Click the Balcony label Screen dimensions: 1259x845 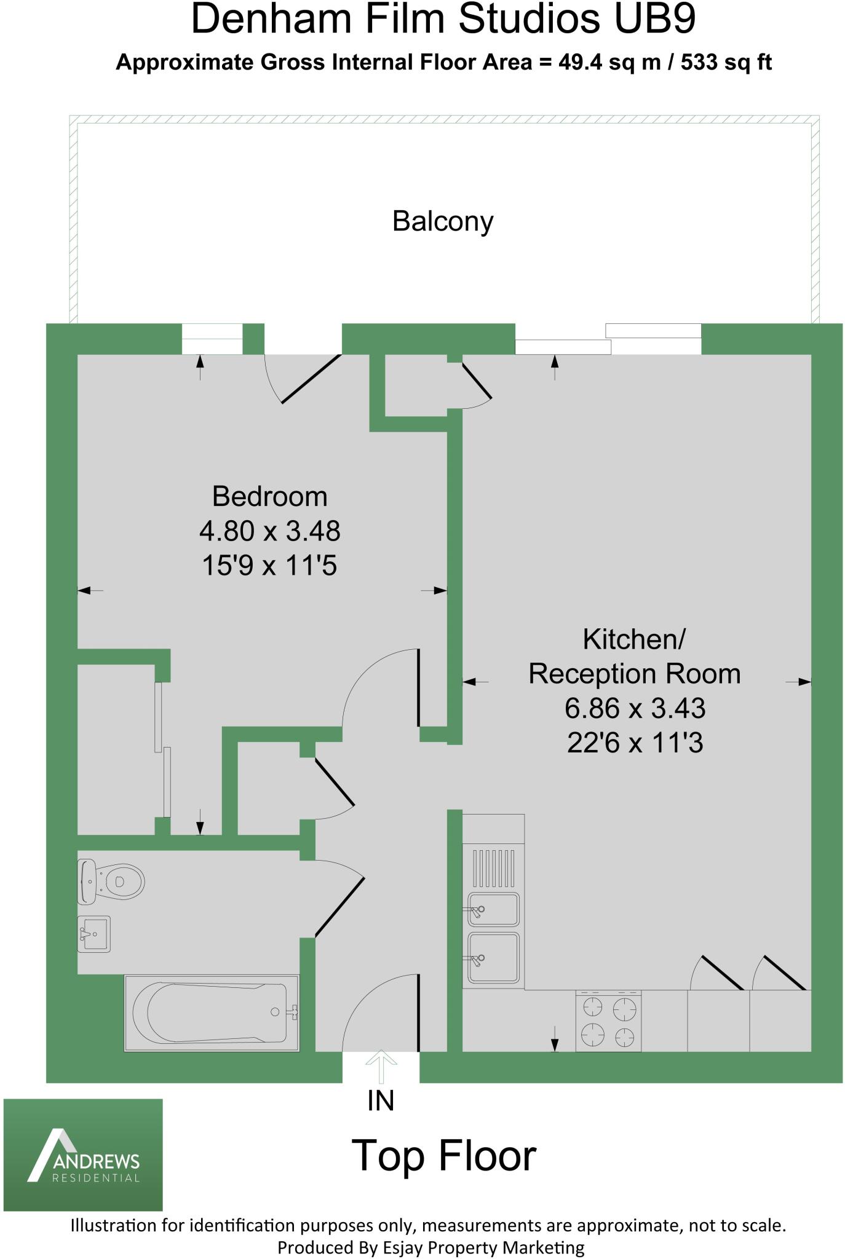(x=442, y=221)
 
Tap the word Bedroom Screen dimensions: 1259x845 (x=269, y=496)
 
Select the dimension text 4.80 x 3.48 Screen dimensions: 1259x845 (x=269, y=531)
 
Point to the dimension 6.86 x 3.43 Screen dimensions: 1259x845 (x=635, y=708)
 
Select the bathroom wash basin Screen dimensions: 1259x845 (x=94, y=934)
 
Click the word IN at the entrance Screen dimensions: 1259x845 (x=381, y=1101)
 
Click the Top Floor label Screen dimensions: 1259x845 (x=443, y=1155)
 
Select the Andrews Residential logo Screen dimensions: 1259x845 (x=83, y=1154)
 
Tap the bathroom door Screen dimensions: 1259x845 (x=340, y=907)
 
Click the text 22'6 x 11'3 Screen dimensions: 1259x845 (x=635, y=743)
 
